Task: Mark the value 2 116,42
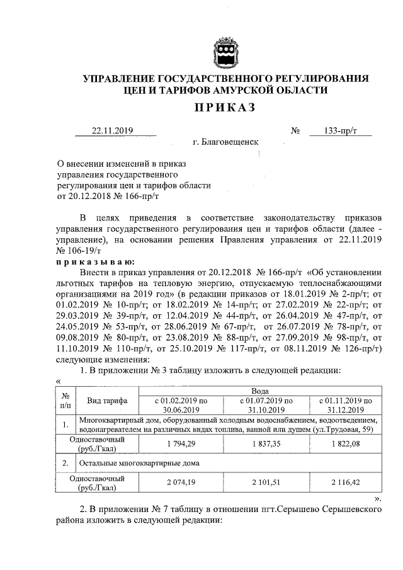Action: coord(346,482)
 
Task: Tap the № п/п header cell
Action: coord(65,401)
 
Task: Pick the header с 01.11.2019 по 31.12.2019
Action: coord(346,404)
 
